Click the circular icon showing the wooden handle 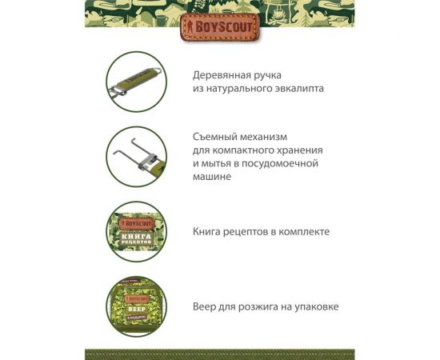pyautogui.click(x=136, y=81)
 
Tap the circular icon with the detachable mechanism pyautogui.click(x=136, y=156)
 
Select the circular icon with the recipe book pyautogui.click(x=136, y=231)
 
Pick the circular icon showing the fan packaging pyautogui.click(x=136, y=306)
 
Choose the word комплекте pyautogui.click(x=305, y=231)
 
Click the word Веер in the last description pyautogui.click(x=205, y=306)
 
